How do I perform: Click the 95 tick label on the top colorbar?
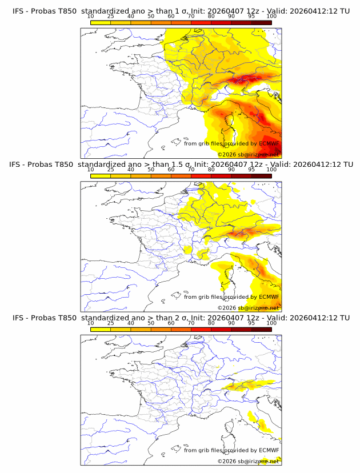coord(251,16)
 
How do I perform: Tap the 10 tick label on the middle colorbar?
coord(90,170)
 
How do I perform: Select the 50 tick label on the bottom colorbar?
coord(151,323)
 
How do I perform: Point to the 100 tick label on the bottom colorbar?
coord(271,323)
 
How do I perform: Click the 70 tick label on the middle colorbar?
coord(191,170)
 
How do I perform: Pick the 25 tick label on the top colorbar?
coord(110,16)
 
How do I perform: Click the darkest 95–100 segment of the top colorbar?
coord(262,22)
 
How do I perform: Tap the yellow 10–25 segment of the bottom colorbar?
coord(100,330)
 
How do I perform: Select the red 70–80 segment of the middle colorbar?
coord(201,176)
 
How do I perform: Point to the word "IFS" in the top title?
coord(19,11)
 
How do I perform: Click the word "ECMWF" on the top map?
coord(269,143)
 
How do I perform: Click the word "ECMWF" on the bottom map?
coord(269,450)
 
